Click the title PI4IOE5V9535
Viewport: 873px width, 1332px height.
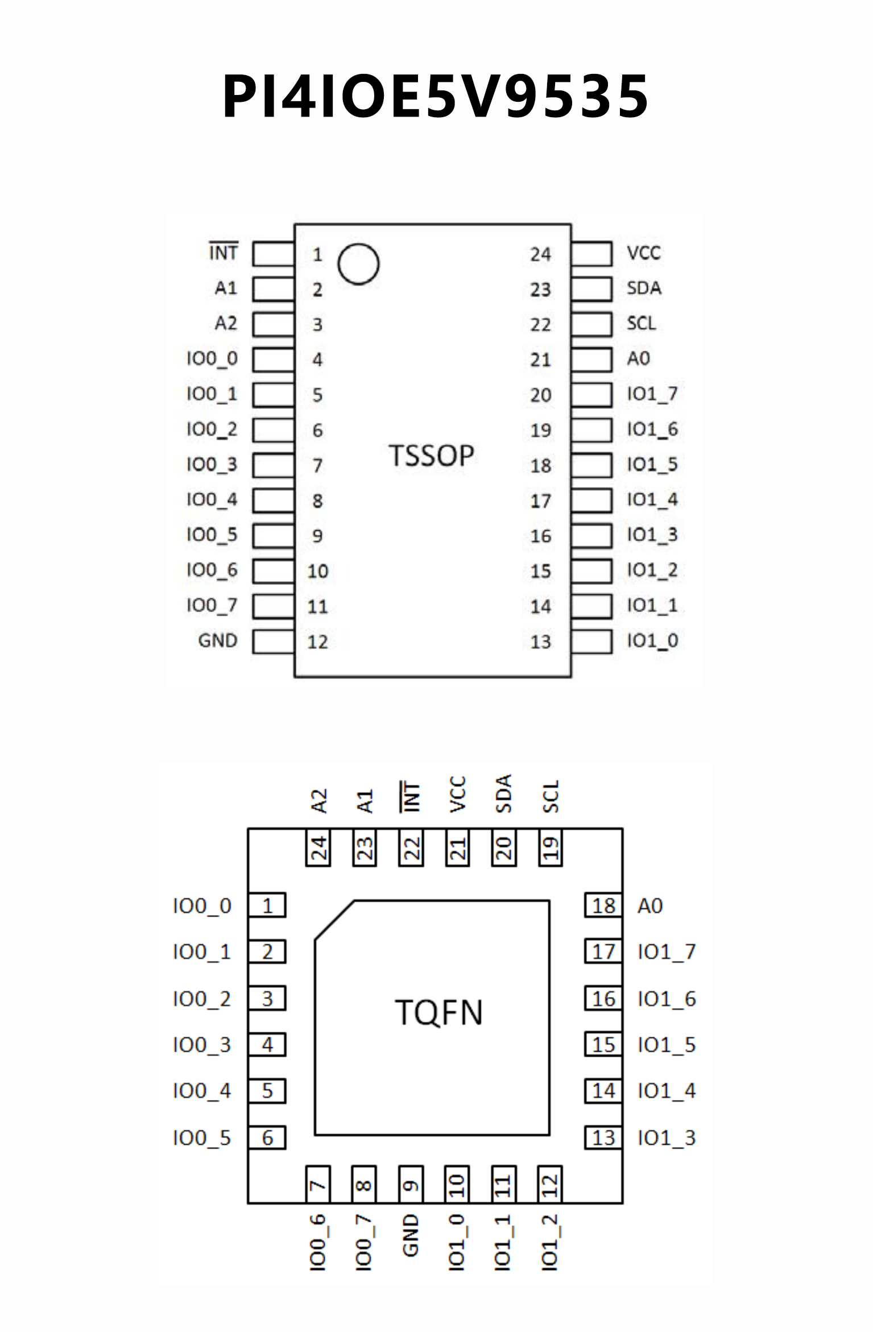pyautogui.click(x=436, y=97)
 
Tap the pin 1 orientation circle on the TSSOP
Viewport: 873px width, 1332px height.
pyautogui.click(x=358, y=264)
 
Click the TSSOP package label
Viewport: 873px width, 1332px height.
pyautogui.click(x=431, y=456)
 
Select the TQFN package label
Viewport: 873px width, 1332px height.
pyautogui.click(x=438, y=1013)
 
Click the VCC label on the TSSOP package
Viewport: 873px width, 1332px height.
pyautogui.click(x=644, y=254)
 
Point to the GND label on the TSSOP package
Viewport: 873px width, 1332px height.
pyautogui.click(x=217, y=641)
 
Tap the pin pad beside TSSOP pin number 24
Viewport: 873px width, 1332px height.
pyautogui.click(x=591, y=254)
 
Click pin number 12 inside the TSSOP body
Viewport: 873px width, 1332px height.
pyautogui.click(x=317, y=642)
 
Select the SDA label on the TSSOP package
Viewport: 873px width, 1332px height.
pyautogui.click(x=644, y=289)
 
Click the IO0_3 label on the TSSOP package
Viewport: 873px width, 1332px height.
pyautogui.click(x=212, y=465)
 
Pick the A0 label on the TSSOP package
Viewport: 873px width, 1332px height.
pyautogui.click(x=638, y=359)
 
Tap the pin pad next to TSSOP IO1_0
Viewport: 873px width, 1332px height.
pyautogui.click(x=591, y=642)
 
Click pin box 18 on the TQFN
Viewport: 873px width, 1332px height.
pyautogui.click(x=603, y=906)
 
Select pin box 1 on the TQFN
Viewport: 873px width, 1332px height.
pyautogui.click(x=267, y=906)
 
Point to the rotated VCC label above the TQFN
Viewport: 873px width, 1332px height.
pyautogui.click(x=458, y=795)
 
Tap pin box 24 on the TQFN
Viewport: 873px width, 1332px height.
pyautogui.click(x=318, y=848)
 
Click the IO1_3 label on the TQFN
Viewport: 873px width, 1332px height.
pyautogui.click(x=667, y=1138)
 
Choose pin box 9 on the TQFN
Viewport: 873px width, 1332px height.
pyautogui.click(x=411, y=1185)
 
